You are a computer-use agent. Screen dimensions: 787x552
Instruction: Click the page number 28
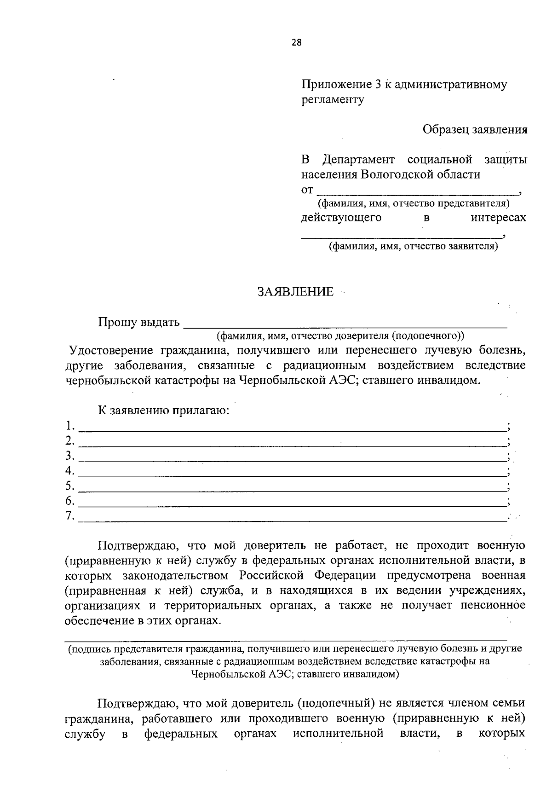point(297,43)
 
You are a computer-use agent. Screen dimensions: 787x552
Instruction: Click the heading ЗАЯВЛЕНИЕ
point(296,292)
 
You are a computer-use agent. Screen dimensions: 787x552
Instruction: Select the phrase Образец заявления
point(475,129)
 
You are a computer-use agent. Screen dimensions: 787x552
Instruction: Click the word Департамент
point(358,160)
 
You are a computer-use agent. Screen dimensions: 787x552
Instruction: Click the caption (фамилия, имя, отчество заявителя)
point(413,246)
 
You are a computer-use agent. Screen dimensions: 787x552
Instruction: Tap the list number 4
point(69,470)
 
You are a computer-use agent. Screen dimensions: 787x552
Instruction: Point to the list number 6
point(69,501)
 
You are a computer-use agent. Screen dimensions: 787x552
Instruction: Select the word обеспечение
point(96,621)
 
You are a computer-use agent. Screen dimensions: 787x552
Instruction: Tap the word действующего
point(341,217)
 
